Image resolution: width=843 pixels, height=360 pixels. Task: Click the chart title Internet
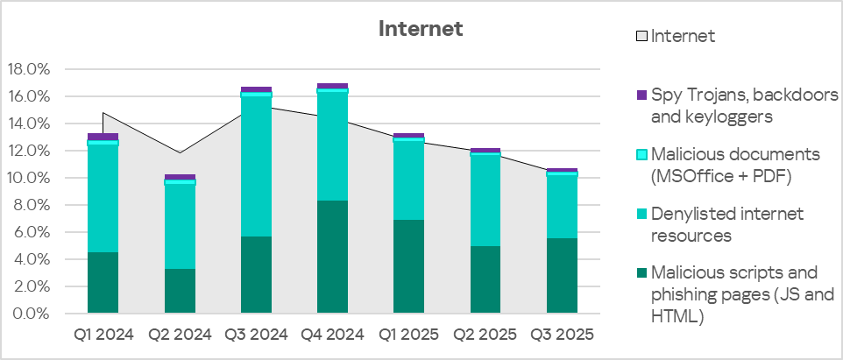tap(421, 29)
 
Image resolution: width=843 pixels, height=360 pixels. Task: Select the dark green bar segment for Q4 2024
tap(332, 257)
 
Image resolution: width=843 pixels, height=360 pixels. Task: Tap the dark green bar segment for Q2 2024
tap(180, 291)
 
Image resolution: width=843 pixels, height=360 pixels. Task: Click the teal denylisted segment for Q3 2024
tap(256, 166)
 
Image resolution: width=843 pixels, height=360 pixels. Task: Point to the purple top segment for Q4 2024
tap(332, 86)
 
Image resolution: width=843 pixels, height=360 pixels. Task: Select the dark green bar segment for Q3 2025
tap(562, 276)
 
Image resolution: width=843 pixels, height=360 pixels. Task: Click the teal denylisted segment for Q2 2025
tap(485, 201)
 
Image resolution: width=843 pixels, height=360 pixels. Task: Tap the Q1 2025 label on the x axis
tap(408, 335)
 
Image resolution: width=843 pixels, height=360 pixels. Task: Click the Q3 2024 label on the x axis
tap(256, 335)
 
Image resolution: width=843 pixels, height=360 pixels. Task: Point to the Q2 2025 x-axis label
tap(485, 335)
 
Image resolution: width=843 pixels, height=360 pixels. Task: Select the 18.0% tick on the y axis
tap(29, 69)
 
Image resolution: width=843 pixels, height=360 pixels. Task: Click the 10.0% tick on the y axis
tap(29, 178)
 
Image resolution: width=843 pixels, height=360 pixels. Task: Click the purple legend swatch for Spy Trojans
tap(641, 95)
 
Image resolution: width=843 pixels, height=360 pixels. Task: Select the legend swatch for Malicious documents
tap(641, 154)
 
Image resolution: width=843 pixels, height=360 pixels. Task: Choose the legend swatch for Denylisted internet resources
tap(641, 214)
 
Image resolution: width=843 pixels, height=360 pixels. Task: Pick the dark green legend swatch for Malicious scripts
tap(641, 272)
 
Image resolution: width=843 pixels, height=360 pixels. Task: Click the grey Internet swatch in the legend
tap(641, 37)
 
